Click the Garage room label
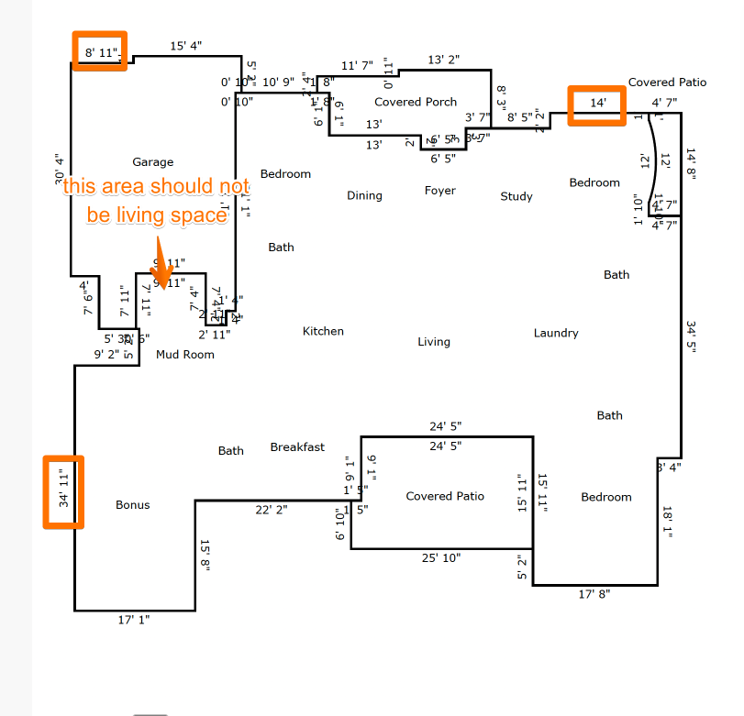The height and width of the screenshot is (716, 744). pos(152,162)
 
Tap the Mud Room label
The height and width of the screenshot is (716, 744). pos(185,355)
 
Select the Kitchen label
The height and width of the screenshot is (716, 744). pos(323,331)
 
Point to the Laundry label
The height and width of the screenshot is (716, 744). pos(556,333)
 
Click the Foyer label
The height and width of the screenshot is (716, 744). pos(440,191)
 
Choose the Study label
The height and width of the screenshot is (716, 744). pos(516,196)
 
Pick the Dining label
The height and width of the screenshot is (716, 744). pos(364,195)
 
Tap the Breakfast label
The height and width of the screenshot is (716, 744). pos(297,447)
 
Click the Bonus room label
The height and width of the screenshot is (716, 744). pos(132,505)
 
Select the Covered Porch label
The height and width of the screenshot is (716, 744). pos(416,102)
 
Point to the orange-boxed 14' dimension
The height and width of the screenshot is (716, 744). pos(597,104)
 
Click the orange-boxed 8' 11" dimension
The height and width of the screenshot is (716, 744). pos(101,53)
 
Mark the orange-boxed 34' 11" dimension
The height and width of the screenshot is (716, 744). pos(63,491)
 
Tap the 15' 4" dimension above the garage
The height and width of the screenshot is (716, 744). pos(185,46)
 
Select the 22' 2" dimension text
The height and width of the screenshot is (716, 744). pos(272,510)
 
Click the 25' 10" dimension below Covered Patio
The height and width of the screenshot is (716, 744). pos(440,557)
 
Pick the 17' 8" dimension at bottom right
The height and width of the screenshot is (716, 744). pos(594,594)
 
